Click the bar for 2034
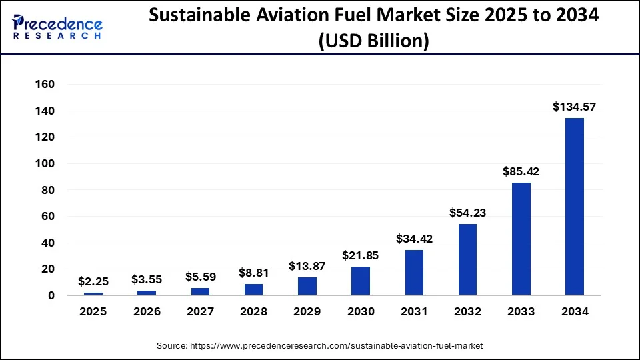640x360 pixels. click(x=574, y=206)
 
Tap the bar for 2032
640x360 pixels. click(x=467, y=259)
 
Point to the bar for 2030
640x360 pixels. click(x=361, y=281)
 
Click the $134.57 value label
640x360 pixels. click(x=574, y=106)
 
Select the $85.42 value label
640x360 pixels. click(x=521, y=171)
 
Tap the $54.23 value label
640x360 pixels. click(x=467, y=213)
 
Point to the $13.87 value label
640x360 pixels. click(x=307, y=266)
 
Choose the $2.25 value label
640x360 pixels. click(x=93, y=281)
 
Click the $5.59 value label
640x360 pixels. click(x=200, y=277)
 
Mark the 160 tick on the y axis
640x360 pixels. click(x=45, y=85)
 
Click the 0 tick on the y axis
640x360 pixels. click(x=51, y=295)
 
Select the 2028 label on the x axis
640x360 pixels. click(x=254, y=312)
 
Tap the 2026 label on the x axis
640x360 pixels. click(x=147, y=312)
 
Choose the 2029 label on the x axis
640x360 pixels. click(x=307, y=312)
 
